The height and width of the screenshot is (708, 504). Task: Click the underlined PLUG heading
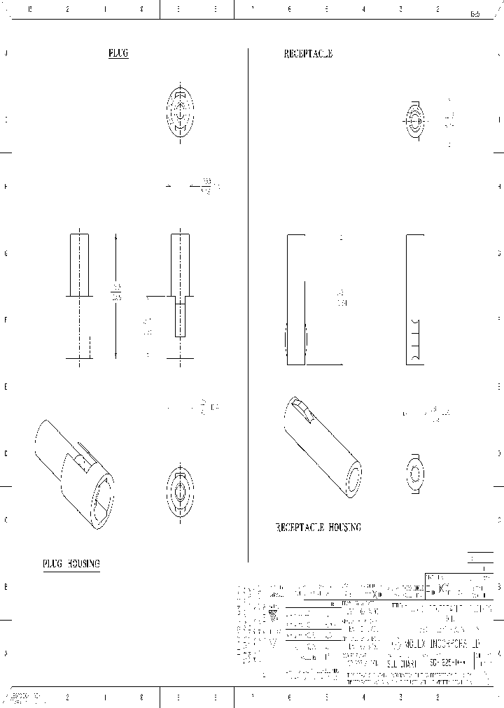coord(118,54)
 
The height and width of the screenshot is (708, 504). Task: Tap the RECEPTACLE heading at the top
coord(307,54)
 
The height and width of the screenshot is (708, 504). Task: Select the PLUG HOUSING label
coord(71,564)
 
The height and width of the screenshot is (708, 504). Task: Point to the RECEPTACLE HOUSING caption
coord(318,528)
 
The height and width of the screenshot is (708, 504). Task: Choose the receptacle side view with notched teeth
coord(414,299)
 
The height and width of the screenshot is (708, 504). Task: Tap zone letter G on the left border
coord(6,253)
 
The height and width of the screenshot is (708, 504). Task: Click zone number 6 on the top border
coord(289,10)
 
